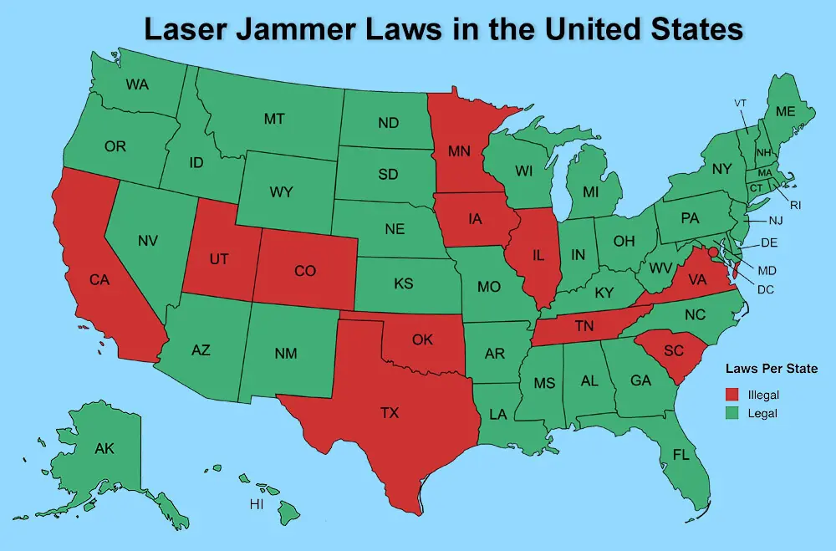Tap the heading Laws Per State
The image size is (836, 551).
pos(771,368)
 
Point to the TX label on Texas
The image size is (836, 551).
pos(389,412)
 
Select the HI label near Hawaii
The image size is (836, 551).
pos(257,505)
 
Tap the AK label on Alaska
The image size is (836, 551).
pos(104,449)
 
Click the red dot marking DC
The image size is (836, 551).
pos(712,252)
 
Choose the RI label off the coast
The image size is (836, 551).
pos(796,203)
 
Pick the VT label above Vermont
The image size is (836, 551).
pos(740,103)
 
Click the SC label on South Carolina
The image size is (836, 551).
pos(674,350)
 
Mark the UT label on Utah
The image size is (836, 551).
pos(219,259)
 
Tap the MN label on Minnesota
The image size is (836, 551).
pos(459,152)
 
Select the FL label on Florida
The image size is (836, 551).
pos(682,455)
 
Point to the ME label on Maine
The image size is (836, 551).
pos(785,111)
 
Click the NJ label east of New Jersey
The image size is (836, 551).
pos(776,221)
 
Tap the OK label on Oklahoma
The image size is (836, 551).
pos(422,339)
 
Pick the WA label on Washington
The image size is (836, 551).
pos(137,84)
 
